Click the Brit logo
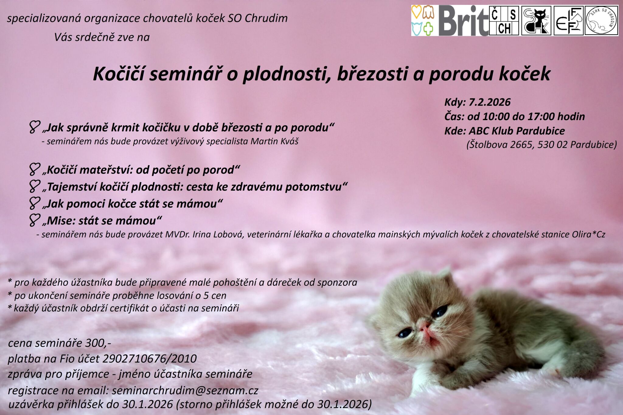[x=463, y=21]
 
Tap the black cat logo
[x=536, y=21]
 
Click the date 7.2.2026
[x=489, y=102]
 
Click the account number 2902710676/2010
[x=150, y=359]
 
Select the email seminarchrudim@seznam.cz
[x=185, y=390]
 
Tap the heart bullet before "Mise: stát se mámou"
[x=34, y=220]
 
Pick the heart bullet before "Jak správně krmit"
[x=34, y=127]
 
